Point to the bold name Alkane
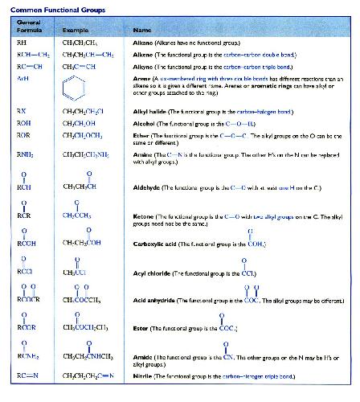[x=142, y=39]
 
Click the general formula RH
[x=21, y=39]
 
